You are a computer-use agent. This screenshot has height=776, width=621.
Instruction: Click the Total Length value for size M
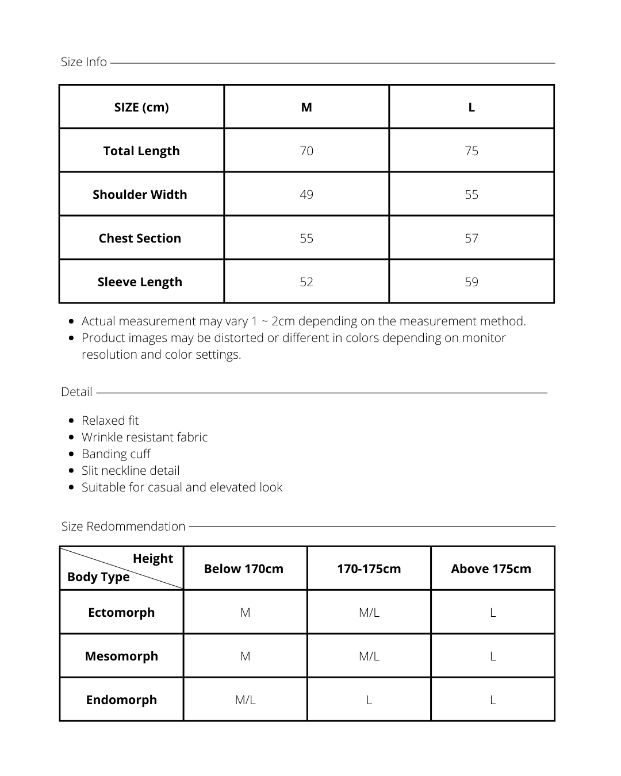pyautogui.click(x=306, y=151)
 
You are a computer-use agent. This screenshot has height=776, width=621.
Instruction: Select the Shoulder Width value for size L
pyautogui.click(x=471, y=194)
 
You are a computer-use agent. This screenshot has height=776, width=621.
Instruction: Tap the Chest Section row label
pyautogui.click(x=140, y=238)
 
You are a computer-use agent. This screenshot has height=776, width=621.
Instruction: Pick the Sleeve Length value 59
pyautogui.click(x=471, y=282)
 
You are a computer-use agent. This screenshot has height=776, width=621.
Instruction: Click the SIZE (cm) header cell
pyautogui.click(x=141, y=107)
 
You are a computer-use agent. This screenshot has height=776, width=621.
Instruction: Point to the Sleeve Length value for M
pyautogui.click(x=306, y=282)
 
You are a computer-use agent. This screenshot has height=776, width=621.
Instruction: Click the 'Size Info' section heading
pyautogui.click(x=84, y=62)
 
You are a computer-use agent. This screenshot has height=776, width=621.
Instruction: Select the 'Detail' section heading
pyautogui.click(x=76, y=392)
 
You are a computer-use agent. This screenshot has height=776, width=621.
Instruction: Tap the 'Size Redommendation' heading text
pyautogui.click(x=124, y=526)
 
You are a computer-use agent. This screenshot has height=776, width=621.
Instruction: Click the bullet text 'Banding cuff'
pyautogui.click(x=116, y=454)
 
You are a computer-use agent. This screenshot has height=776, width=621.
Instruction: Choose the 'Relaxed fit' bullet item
pyautogui.click(x=110, y=421)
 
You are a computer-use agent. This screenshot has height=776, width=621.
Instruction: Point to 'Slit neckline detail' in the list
pyautogui.click(x=131, y=471)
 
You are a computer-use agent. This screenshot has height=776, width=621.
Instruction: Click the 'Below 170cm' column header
pyautogui.click(x=244, y=568)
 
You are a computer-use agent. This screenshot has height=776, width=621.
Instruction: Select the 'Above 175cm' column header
pyautogui.click(x=491, y=568)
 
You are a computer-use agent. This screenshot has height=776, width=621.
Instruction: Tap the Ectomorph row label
pyautogui.click(x=121, y=612)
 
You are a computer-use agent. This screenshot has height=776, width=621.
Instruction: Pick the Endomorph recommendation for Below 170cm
pyautogui.click(x=245, y=700)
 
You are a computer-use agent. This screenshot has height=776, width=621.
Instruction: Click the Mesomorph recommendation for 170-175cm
pyautogui.click(x=369, y=656)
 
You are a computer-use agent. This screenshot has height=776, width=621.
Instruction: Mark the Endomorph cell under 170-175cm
pyautogui.click(x=369, y=700)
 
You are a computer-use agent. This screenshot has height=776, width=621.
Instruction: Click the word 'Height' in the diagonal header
pyautogui.click(x=153, y=559)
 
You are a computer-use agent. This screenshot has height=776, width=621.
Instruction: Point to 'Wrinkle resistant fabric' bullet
pyautogui.click(x=145, y=437)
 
